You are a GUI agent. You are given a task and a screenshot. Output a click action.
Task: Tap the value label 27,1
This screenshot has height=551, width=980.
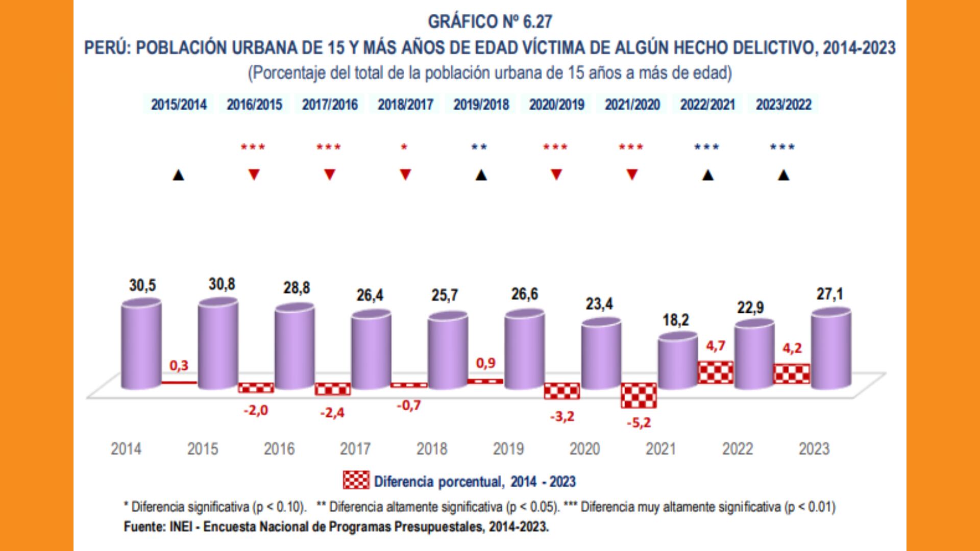(x=829, y=294)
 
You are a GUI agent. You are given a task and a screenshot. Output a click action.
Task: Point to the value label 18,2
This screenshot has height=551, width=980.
(x=676, y=320)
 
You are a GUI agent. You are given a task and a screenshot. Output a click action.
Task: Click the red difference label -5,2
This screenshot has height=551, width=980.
(x=639, y=422)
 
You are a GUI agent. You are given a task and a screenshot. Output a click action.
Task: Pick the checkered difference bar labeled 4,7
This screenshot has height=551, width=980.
(x=716, y=372)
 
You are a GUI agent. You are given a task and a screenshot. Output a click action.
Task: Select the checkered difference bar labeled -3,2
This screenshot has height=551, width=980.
(x=562, y=391)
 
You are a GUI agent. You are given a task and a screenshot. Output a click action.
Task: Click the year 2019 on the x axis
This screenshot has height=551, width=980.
(x=508, y=449)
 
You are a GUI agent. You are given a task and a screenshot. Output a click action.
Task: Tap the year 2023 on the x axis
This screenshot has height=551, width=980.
(x=814, y=449)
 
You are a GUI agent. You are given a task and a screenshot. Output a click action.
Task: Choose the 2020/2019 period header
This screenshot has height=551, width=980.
(x=556, y=105)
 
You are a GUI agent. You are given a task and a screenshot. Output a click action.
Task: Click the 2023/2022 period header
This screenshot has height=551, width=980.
(x=783, y=105)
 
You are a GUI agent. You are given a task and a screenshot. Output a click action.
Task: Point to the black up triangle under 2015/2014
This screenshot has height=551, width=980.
(x=178, y=176)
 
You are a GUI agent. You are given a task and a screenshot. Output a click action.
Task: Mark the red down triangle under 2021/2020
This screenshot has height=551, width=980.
(x=632, y=175)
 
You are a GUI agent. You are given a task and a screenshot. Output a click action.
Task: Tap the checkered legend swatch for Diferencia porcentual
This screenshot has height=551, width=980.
(x=356, y=481)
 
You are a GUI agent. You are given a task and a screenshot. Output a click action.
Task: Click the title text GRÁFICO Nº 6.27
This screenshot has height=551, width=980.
(x=490, y=21)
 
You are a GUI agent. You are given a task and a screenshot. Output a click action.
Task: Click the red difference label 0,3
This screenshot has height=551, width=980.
(x=179, y=365)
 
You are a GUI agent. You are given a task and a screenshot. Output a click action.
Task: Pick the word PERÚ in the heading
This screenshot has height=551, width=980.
(x=107, y=48)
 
